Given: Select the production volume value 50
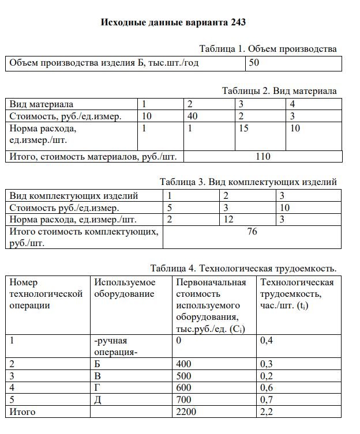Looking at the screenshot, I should point(254,63).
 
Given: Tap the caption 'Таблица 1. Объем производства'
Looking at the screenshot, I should point(268,48).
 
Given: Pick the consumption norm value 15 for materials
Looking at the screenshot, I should point(243,129).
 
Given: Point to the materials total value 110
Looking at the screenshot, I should point(262,156).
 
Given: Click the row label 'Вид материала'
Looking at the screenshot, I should point(42,105).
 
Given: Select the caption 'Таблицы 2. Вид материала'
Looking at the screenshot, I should point(279,90).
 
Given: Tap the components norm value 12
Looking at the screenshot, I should point(229,220).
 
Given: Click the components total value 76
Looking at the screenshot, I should point(252,232).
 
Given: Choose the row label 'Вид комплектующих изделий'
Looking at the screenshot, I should point(74,195).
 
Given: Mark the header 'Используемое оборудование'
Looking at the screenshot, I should point(125,288).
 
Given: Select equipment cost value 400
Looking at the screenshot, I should point(183,364).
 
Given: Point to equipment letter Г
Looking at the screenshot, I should point(97,388).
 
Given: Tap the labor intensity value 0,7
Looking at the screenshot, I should point(267,400).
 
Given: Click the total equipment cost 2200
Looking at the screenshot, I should point(186,412).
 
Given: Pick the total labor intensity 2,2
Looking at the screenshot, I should point(267,412).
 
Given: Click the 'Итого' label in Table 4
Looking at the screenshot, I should point(22,412).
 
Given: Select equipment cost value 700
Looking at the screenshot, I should point(183,400).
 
